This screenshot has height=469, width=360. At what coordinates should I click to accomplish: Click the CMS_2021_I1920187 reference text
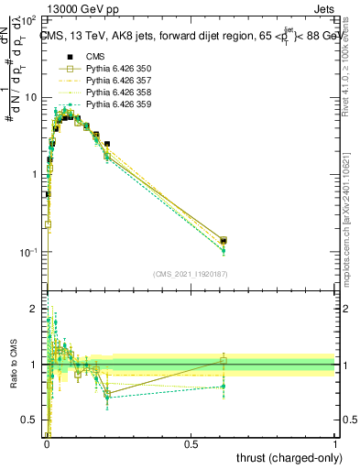(x=190, y=274)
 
